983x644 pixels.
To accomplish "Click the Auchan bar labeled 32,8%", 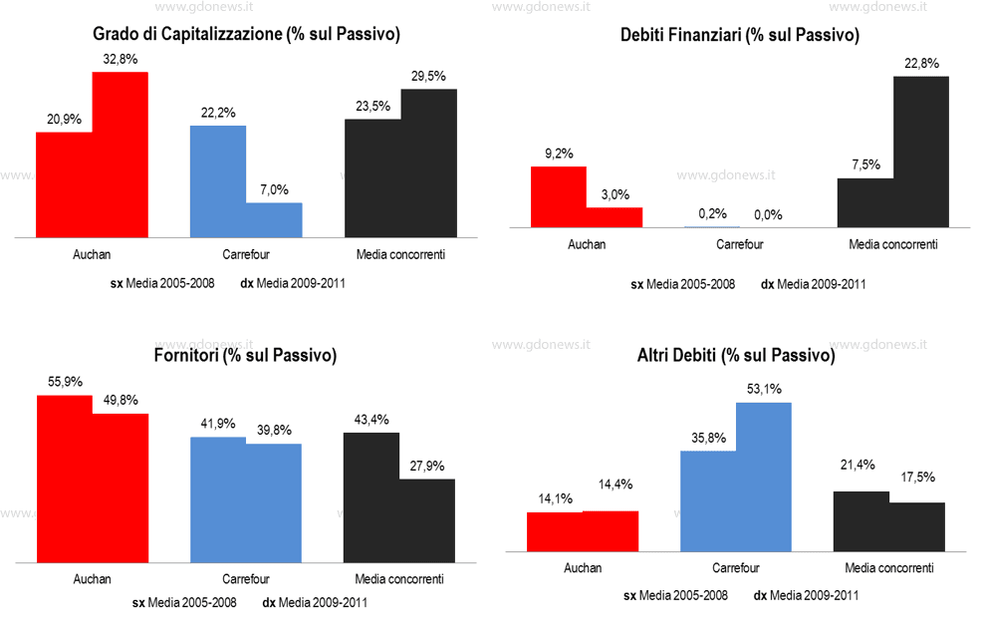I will (121, 155).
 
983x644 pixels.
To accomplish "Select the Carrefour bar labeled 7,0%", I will (274, 219).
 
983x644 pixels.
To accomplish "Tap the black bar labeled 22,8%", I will (920, 152).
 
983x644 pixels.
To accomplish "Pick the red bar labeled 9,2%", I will (558, 196).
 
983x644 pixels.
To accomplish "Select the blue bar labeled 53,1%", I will (763, 477).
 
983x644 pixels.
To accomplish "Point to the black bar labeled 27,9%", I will (426, 519).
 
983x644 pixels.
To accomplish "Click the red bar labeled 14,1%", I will (554, 531).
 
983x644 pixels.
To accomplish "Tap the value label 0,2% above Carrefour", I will (712, 213).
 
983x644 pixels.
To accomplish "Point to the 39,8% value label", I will (273, 430).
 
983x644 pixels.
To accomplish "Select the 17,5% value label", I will (916, 478).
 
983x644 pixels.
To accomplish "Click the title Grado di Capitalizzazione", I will (246, 36).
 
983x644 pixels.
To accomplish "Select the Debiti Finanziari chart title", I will (739, 36).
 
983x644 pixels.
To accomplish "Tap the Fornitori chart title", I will (245, 356).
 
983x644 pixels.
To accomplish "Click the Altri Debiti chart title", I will (735, 355).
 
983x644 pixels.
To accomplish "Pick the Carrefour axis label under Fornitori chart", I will (246, 578).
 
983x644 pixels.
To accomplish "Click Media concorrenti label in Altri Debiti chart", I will (888, 568).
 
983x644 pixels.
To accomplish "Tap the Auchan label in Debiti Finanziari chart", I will (587, 244).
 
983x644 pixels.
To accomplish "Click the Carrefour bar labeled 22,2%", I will (218, 180).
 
